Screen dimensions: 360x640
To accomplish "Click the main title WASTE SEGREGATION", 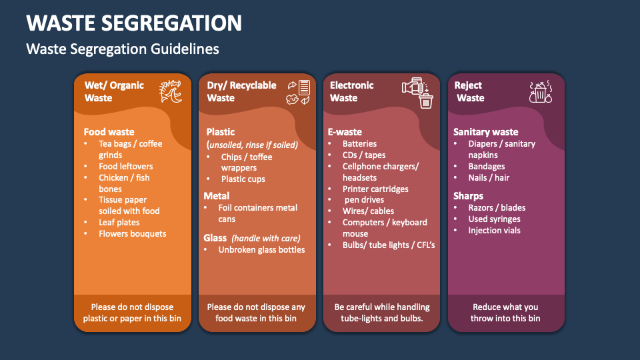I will [134, 23].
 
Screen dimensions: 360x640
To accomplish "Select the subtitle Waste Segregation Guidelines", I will [122, 49].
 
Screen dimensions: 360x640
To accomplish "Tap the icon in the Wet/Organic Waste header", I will [170, 92].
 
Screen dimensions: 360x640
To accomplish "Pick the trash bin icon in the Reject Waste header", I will [539, 93].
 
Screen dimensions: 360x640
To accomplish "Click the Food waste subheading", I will [109, 132].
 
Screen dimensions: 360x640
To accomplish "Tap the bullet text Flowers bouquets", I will [132, 233].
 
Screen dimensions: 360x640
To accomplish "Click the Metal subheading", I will [217, 196].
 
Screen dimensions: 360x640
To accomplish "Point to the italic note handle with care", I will [266, 238].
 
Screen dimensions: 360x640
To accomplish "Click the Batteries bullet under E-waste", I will [359, 143].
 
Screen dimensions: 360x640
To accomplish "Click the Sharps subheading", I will [468, 196].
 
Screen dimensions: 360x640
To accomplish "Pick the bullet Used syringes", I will [494, 219].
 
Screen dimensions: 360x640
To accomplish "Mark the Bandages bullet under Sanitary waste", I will [486, 166].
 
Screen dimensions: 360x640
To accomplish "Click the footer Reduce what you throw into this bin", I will [505, 313].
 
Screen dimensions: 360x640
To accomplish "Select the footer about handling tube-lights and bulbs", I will [382, 313].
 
